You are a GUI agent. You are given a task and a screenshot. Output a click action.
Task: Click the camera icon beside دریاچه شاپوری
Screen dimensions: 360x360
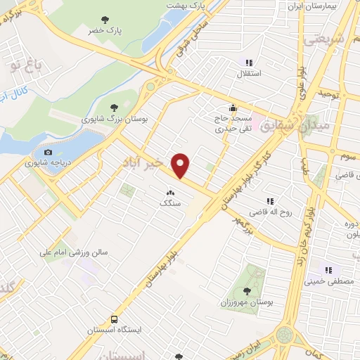tap(48, 153)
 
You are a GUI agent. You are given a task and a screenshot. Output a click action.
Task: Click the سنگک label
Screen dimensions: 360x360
tap(170, 202)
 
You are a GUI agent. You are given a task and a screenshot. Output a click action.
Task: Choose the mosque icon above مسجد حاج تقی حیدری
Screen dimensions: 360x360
tap(233, 108)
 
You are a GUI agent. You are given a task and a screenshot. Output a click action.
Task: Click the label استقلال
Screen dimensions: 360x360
tap(251, 73)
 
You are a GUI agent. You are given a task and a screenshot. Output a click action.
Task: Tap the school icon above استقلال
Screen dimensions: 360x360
tap(250, 63)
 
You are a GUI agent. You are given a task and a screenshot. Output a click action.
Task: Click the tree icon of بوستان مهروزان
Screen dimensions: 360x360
tap(247, 290)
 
